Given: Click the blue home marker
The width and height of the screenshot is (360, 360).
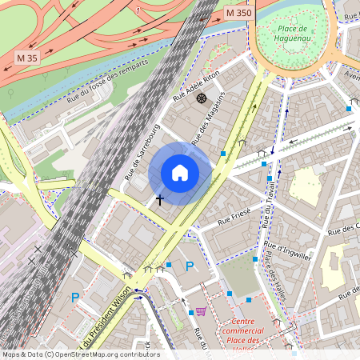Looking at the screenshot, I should (x=179, y=173).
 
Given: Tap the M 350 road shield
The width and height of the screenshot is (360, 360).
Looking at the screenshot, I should (x=238, y=13).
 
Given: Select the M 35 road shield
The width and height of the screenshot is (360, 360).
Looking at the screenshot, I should (x=27, y=58).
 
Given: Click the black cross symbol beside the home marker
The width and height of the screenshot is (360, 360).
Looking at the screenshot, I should (x=159, y=198).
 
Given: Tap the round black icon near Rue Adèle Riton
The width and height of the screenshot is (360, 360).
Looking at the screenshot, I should (x=201, y=98).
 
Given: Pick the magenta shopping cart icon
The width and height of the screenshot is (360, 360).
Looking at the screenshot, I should (x=201, y=311).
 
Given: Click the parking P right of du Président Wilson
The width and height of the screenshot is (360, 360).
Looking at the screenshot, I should (x=190, y=266).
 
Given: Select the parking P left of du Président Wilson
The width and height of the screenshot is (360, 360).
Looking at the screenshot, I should (x=75, y=298).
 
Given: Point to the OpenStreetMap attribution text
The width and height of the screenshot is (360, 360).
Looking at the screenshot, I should (x=80, y=354).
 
